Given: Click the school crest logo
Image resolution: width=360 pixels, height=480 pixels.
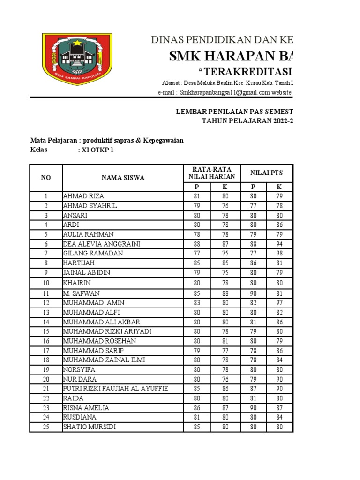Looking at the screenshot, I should [77, 59].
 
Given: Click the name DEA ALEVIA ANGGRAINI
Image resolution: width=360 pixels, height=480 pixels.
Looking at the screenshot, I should [102, 244].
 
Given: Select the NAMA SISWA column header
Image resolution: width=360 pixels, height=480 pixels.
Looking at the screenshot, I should [123, 178].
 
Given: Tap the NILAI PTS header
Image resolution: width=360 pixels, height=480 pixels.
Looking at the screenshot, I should [266, 173].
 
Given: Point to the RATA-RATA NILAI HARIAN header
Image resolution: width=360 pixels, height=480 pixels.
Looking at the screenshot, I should [211, 173].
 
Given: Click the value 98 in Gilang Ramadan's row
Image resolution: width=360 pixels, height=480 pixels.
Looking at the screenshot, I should [279, 254].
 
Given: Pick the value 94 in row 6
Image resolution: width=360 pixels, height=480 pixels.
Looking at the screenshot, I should [279, 244].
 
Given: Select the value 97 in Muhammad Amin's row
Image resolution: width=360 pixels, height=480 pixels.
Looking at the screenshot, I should [279, 303].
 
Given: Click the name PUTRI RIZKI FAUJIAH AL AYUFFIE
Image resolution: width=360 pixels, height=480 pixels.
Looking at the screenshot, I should [115, 389].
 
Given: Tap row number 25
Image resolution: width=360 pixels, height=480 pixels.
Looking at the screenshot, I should [46, 427].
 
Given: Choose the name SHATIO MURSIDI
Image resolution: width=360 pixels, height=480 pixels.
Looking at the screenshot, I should [90, 427].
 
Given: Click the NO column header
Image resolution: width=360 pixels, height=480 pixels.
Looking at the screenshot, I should [46, 178].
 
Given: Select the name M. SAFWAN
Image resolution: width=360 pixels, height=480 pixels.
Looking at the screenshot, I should [81, 293].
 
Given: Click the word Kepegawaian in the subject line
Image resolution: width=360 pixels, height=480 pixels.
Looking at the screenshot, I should [165, 141].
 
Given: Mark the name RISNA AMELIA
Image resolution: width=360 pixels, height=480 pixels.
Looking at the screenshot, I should [86, 408].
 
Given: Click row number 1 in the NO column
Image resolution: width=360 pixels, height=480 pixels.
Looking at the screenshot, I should [46, 196].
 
